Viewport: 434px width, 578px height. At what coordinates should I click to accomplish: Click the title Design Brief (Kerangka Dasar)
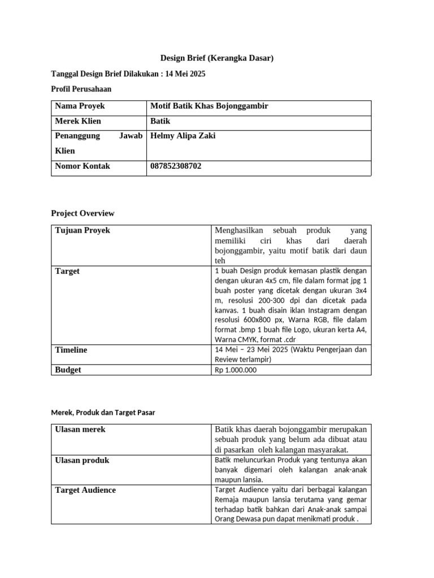[x=217, y=58]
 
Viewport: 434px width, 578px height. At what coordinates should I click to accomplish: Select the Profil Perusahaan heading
[x=81, y=89]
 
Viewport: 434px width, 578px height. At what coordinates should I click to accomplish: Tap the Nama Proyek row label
[x=80, y=106]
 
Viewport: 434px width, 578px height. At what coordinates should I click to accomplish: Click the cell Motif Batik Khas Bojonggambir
[x=209, y=106]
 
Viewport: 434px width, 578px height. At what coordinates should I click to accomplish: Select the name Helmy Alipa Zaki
[x=183, y=136]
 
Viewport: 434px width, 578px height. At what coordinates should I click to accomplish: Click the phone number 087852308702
[x=176, y=167]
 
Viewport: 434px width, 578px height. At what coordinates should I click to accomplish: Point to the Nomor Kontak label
[x=83, y=167]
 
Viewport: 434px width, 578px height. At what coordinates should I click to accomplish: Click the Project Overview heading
[x=83, y=213]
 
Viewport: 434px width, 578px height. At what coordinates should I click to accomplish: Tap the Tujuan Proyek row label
[x=83, y=230]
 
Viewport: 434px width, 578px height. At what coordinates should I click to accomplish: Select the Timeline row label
[x=71, y=350]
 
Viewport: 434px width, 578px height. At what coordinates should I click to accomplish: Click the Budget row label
[x=68, y=370]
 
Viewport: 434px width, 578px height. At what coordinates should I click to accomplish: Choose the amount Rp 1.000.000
[x=236, y=370]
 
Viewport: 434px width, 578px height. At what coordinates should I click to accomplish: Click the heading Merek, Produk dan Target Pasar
[x=103, y=413]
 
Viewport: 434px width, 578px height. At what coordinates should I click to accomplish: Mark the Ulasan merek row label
[x=80, y=430]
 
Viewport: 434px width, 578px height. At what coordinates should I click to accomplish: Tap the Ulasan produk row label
[x=82, y=460]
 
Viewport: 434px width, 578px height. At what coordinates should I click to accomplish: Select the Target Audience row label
[x=85, y=490]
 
